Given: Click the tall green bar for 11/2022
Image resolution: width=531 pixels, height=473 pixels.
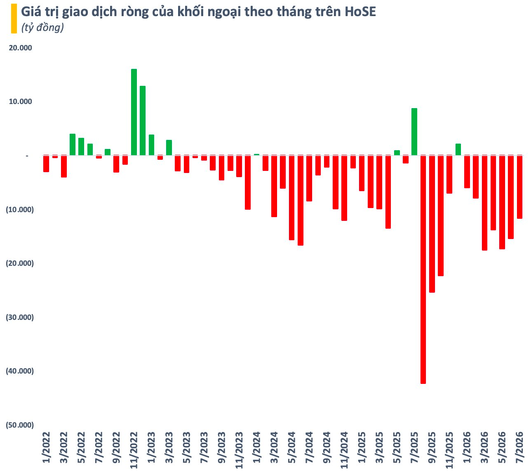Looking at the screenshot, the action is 134,112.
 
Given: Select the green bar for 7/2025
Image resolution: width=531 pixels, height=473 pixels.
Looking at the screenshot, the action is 414,132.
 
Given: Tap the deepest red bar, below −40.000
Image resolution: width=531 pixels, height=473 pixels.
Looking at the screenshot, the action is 423,270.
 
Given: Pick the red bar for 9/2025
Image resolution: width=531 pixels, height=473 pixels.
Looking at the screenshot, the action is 432,224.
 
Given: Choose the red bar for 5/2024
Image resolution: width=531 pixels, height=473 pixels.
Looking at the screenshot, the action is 291,198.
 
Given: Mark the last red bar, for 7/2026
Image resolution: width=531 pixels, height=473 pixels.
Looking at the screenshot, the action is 519,187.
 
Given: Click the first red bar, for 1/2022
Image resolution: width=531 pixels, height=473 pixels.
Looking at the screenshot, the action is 46,163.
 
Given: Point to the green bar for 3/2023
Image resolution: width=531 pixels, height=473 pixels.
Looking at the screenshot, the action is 169,147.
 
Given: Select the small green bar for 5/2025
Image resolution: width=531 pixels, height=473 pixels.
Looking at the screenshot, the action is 397,153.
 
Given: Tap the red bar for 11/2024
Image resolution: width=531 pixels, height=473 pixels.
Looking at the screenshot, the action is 344,188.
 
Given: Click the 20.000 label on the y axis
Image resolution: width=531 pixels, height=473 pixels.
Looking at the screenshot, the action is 20,48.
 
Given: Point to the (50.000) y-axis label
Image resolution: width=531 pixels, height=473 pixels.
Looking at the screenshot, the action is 20,425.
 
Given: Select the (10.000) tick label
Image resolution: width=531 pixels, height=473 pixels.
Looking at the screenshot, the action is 20,209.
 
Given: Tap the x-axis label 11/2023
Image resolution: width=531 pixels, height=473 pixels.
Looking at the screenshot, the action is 239,450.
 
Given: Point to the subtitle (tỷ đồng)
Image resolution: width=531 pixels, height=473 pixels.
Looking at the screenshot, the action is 42,27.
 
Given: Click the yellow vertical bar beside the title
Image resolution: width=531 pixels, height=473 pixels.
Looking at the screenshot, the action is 14,19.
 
